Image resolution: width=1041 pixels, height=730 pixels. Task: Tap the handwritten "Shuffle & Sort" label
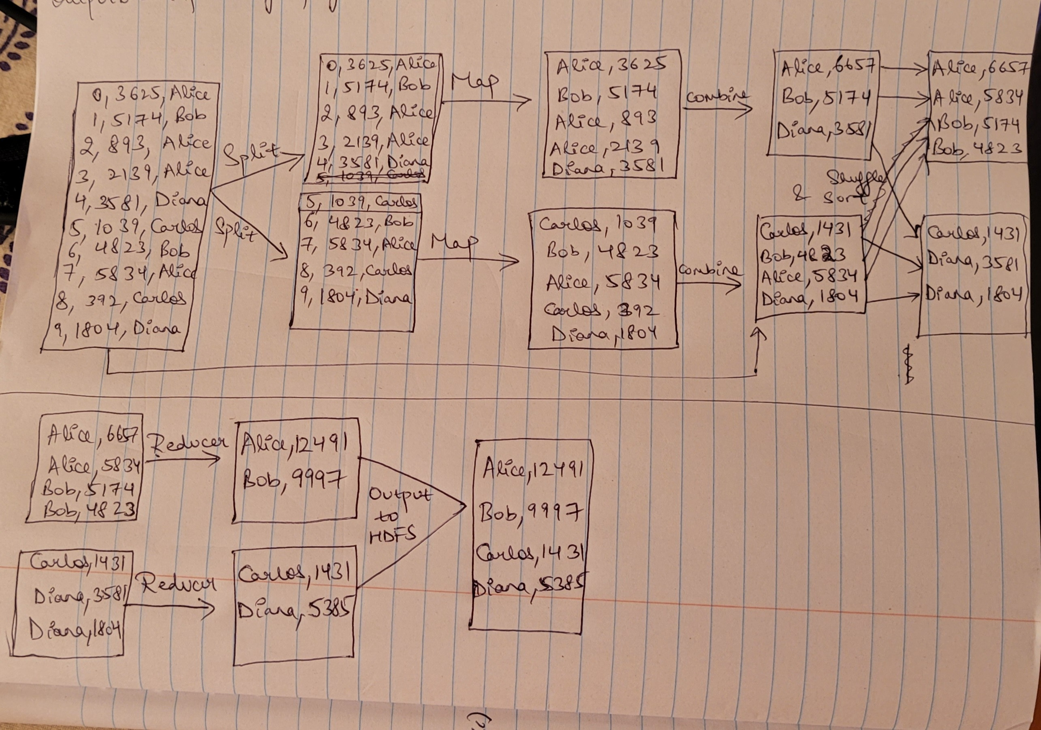(x=839, y=187)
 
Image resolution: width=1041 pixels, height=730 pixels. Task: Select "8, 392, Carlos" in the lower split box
(x=356, y=271)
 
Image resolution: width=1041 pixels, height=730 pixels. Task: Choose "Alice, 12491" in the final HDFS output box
(x=533, y=469)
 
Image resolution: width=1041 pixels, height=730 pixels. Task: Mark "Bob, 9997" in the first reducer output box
(x=295, y=479)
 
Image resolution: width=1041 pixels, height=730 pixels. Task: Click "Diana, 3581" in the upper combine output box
(x=823, y=130)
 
